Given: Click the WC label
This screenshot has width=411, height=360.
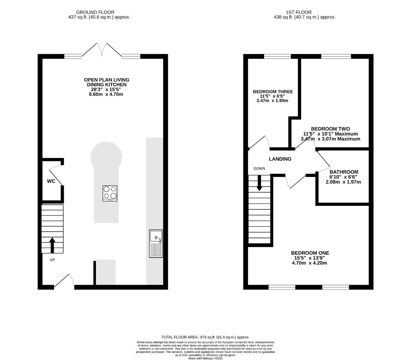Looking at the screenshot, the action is (51, 181).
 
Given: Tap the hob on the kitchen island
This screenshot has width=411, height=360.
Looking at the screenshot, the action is (110, 193).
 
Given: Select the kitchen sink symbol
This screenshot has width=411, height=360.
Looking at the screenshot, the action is (156, 244).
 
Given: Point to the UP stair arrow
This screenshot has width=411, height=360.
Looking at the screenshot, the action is (52, 245).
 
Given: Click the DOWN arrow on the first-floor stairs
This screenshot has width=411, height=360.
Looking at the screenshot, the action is (259, 183).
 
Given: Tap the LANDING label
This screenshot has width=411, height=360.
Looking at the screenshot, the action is (280, 159).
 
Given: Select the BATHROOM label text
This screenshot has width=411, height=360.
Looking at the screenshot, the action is (344, 172).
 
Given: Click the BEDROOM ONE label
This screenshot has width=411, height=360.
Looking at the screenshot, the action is (310, 253).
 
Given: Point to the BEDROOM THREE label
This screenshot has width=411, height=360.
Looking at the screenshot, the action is (273, 92).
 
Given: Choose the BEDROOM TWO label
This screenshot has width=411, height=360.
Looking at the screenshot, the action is (331, 129).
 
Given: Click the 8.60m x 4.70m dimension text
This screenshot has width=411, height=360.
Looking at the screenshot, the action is (106, 94).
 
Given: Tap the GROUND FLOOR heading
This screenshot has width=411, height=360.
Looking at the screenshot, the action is (95, 12).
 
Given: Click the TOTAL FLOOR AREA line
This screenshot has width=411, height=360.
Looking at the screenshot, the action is (205, 337).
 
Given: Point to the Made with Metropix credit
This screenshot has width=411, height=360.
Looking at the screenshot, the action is (205, 358).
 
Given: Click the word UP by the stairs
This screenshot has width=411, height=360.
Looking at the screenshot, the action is (52, 260).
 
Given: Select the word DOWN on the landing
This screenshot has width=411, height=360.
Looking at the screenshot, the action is (259, 168).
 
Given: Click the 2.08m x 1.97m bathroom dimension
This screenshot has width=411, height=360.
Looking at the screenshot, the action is (343, 182).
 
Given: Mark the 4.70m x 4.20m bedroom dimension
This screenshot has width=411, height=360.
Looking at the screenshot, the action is (309, 263).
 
